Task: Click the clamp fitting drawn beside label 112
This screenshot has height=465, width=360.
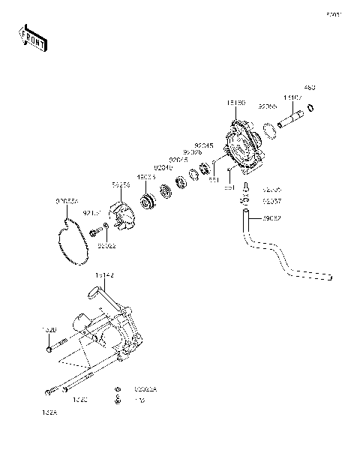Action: point(118,400)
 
